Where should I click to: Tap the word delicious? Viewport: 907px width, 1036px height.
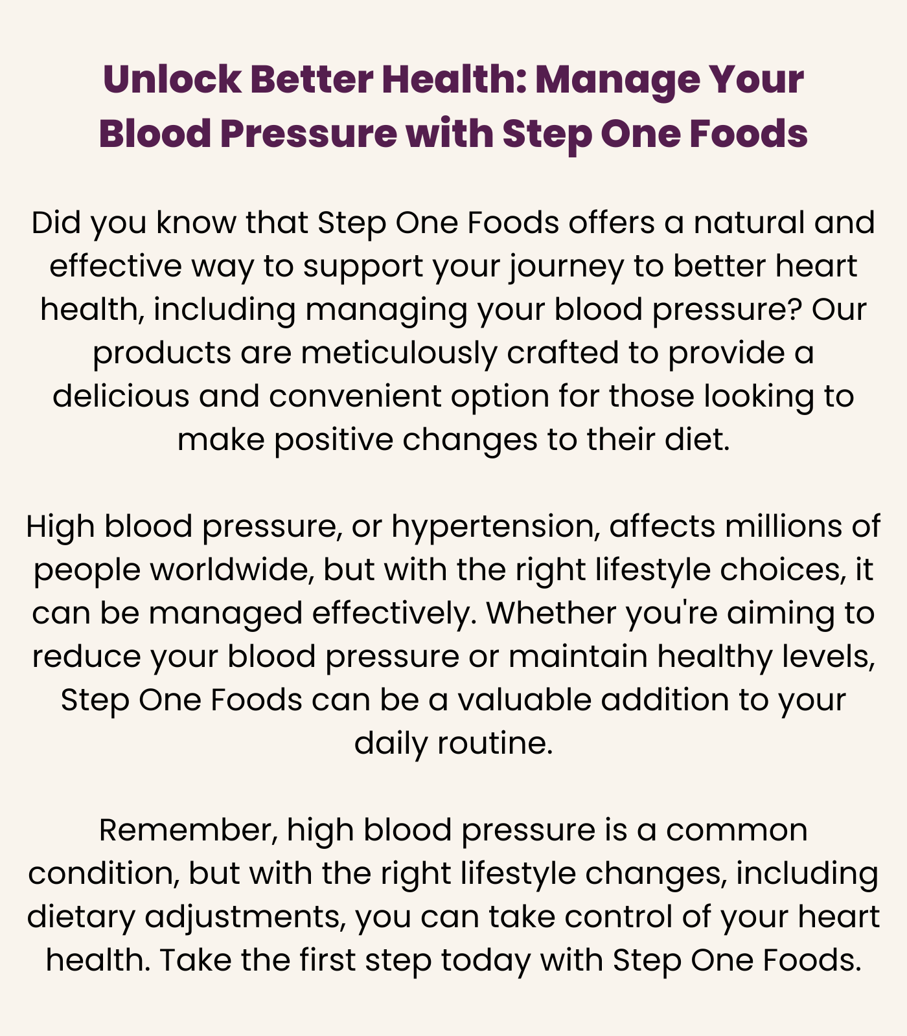[x=121, y=396]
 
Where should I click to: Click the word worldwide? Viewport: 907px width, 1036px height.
[x=231, y=570]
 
